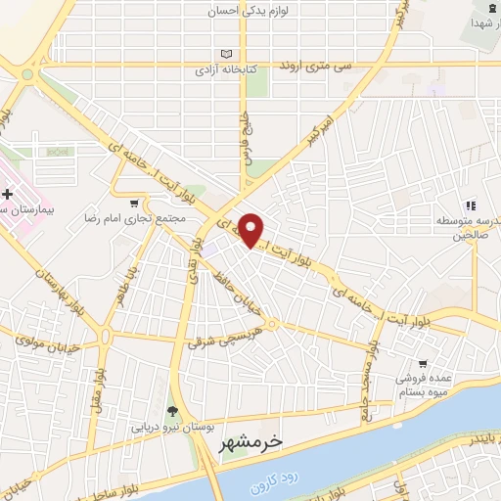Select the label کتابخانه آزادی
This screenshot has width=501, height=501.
pos(229,71)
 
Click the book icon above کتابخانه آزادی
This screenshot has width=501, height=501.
pos(229,55)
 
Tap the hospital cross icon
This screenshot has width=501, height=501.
pos(7,196)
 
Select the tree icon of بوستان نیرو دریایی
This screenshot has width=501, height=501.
pos(172,412)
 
